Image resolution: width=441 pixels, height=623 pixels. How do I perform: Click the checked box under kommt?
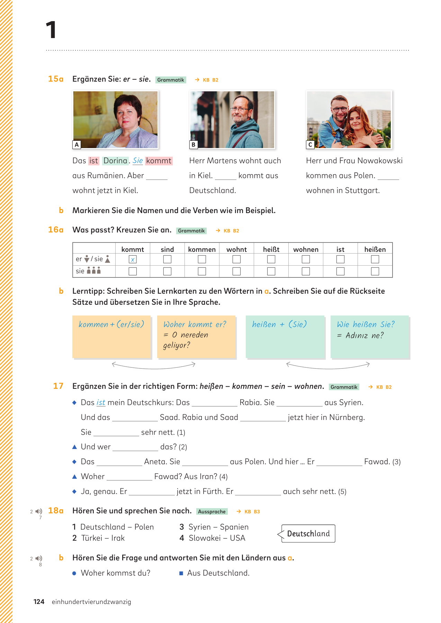pyautogui.click(x=133, y=259)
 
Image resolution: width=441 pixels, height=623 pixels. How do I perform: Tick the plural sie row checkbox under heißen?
pyautogui.click(x=375, y=271)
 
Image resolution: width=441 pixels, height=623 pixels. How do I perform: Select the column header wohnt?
pyautogui.click(x=236, y=249)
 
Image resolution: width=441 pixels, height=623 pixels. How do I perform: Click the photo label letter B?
pyautogui.click(x=193, y=145)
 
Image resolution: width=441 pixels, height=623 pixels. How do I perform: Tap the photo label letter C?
pyautogui.click(x=310, y=145)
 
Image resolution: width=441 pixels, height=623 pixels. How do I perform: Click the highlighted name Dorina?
pyautogui.click(x=116, y=161)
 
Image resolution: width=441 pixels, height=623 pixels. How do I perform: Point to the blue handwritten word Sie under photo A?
pyautogui.click(x=137, y=161)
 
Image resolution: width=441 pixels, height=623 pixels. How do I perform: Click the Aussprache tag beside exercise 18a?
pyautogui.click(x=212, y=512)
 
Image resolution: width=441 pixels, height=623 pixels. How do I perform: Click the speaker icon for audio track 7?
pyautogui.click(x=39, y=511)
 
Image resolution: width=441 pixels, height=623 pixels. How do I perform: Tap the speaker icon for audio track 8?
pyautogui.click(x=39, y=558)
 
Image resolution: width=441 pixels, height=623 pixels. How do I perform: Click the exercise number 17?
pyautogui.click(x=58, y=386)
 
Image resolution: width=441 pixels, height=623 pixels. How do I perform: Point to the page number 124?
pyautogui.click(x=39, y=602)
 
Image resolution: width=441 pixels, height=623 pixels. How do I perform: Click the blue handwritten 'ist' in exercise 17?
pyautogui.click(x=101, y=403)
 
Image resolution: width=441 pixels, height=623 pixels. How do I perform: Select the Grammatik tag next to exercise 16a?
pyautogui.click(x=191, y=231)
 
